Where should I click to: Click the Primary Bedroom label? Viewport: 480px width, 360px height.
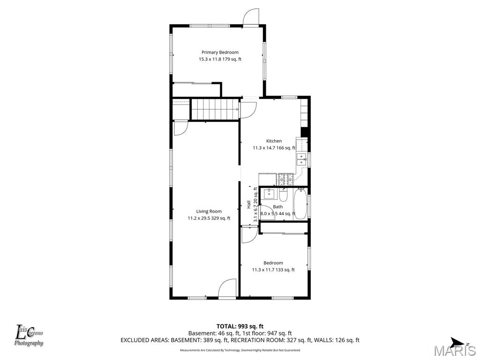click(x=220, y=52)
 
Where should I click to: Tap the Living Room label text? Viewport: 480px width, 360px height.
click(x=209, y=211)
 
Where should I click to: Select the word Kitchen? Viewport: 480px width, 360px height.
click(x=274, y=141)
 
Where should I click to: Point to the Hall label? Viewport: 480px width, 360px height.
click(x=248, y=204)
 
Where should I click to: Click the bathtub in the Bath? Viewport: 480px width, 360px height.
click(x=300, y=204)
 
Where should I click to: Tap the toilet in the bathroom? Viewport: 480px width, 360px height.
click(x=283, y=194)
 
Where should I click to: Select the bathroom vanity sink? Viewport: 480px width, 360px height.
click(x=270, y=193)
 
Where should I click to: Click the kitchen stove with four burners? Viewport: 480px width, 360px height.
click(x=285, y=179)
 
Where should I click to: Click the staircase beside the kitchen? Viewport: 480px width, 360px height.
click(x=215, y=109)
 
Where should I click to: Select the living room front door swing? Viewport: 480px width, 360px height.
click(x=227, y=288)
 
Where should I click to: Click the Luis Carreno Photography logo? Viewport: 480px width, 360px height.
click(x=30, y=336)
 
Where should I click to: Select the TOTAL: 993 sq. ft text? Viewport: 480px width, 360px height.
click(x=240, y=326)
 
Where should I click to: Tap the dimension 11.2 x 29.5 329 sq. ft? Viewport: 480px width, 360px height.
click(x=209, y=218)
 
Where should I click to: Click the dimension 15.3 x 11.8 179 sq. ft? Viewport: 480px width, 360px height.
click(x=220, y=60)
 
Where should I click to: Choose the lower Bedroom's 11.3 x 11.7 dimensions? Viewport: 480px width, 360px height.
click(x=273, y=270)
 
